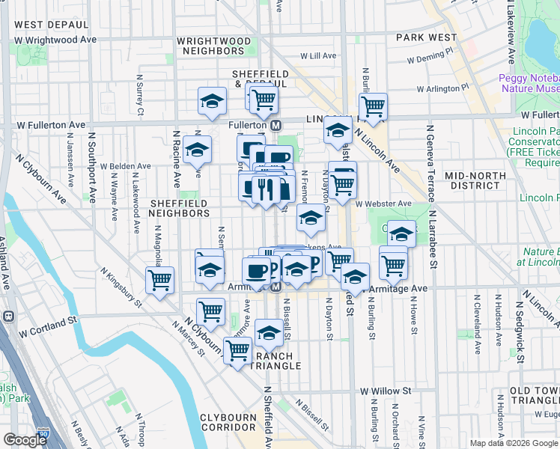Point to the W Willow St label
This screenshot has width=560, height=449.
point(386,391)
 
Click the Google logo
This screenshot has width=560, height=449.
point(25,440)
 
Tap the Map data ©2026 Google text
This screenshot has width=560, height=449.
point(514,443)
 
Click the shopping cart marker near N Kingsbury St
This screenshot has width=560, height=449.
point(160,281)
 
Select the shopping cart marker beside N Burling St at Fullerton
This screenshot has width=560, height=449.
point(373,106)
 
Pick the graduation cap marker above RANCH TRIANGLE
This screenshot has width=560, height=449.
point(269,332)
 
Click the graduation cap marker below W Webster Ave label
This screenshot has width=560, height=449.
point(311,219)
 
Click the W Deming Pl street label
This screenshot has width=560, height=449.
point(430,57)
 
